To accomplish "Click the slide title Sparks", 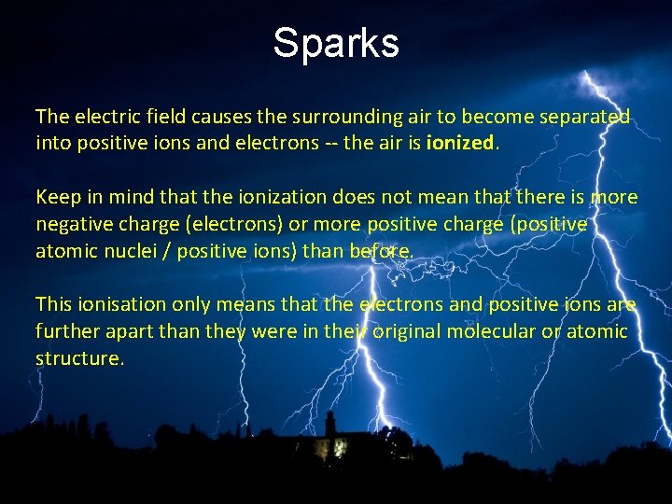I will click(x=336, y=43).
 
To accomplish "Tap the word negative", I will click(x=75, y=224).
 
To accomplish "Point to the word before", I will click(x=380, y=251).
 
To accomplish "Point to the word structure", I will click(x=77, y=358).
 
